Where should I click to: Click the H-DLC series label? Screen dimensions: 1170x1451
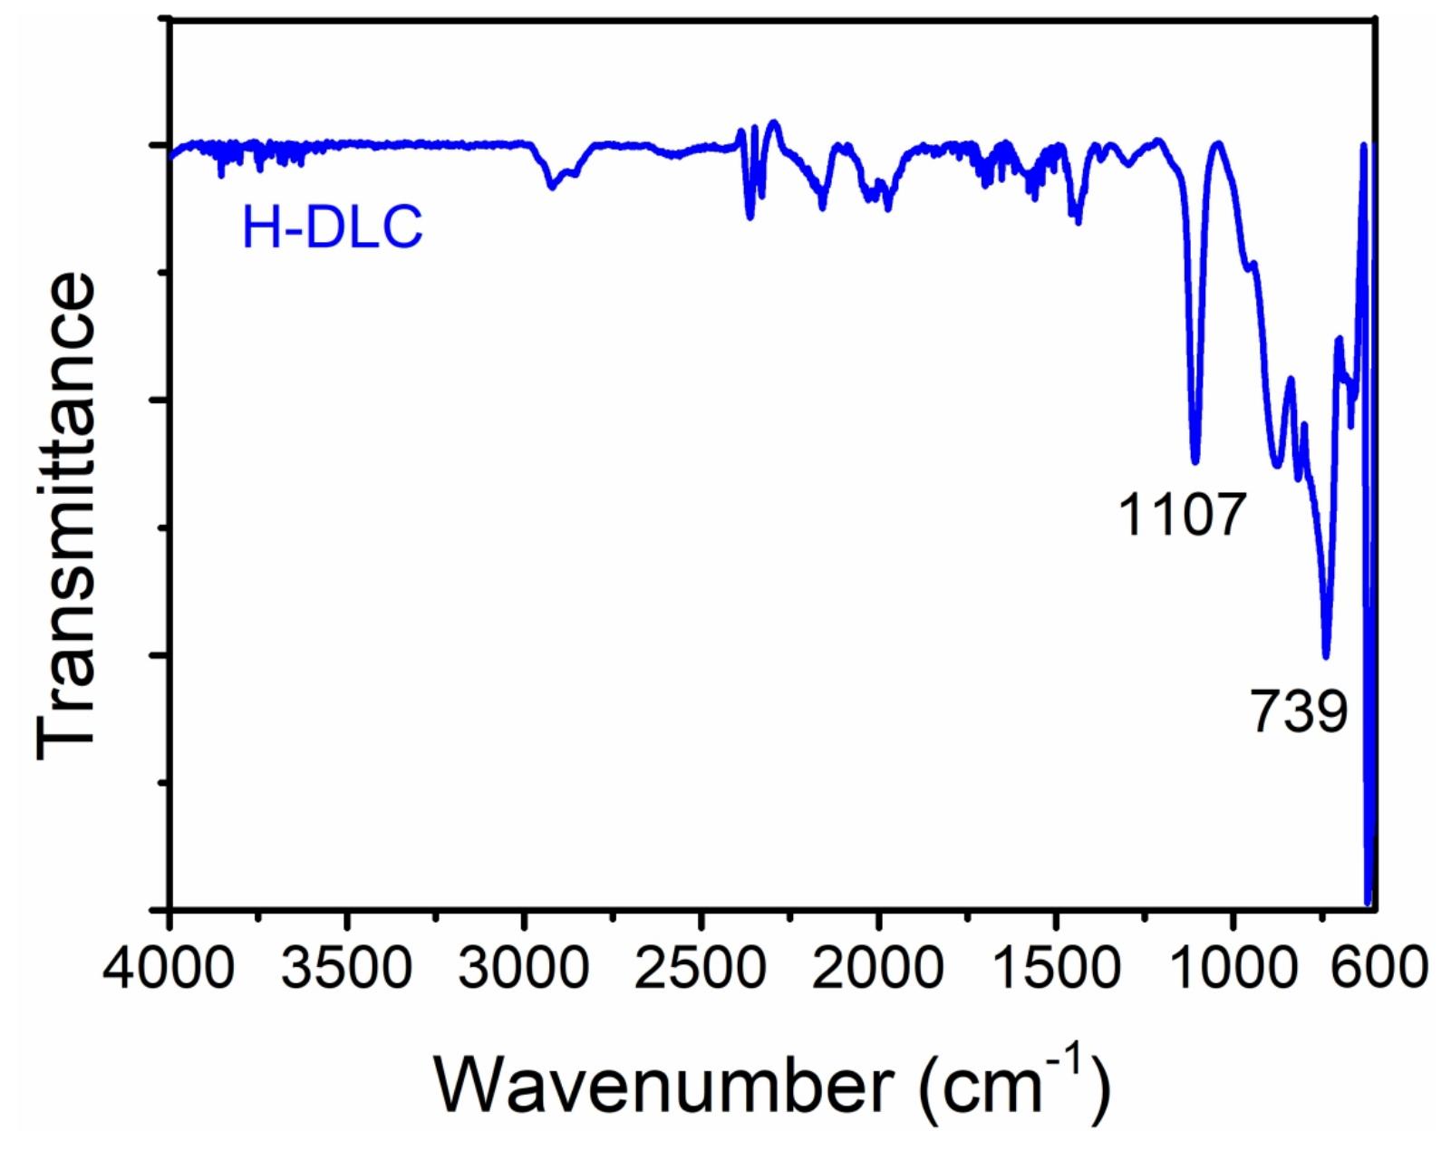click(x=332, y=227)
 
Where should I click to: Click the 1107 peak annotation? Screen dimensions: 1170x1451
click(x=1179, y=516)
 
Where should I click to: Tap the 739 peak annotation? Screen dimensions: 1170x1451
click(x=1300, y=711)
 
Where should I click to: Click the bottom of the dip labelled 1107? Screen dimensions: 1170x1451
click(x=1195, y=460)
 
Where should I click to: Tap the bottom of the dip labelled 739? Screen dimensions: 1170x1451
click(x=1326, y=656)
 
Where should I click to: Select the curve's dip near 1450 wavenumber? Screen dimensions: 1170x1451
click(x=1077, y=220)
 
